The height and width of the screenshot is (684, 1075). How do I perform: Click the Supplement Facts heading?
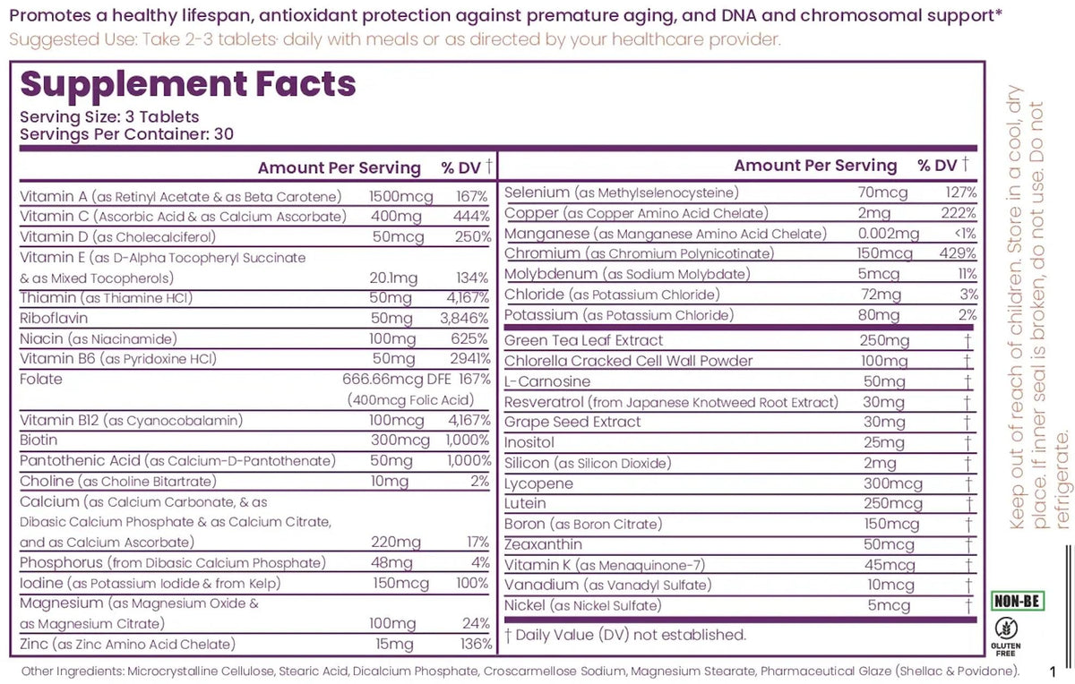tap(188, 84)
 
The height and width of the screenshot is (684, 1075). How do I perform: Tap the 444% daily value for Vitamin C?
tap(471, 217)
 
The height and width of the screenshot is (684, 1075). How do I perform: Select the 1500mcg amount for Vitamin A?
tap(401, 196)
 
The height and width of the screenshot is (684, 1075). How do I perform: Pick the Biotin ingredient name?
tap(39, 440)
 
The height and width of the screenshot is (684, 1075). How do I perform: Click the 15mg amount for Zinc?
tap(391, 645)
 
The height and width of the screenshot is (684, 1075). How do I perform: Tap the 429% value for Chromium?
tap(959, 254)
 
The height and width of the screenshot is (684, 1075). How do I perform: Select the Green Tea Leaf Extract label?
tap(583, 340)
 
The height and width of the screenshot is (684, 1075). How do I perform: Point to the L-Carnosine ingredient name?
tap(547, 381)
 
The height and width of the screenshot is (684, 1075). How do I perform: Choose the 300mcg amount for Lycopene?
tap(887, 483)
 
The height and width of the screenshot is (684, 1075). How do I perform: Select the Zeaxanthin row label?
tap(543, 544)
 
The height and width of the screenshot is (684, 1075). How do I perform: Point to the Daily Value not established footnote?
tap(624, 635)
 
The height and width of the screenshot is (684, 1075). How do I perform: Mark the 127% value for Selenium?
tap(960, 192)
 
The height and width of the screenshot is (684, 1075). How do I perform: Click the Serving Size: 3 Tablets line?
tap(109, 117)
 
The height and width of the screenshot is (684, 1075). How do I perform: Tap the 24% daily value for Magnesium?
tap(479, 624)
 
